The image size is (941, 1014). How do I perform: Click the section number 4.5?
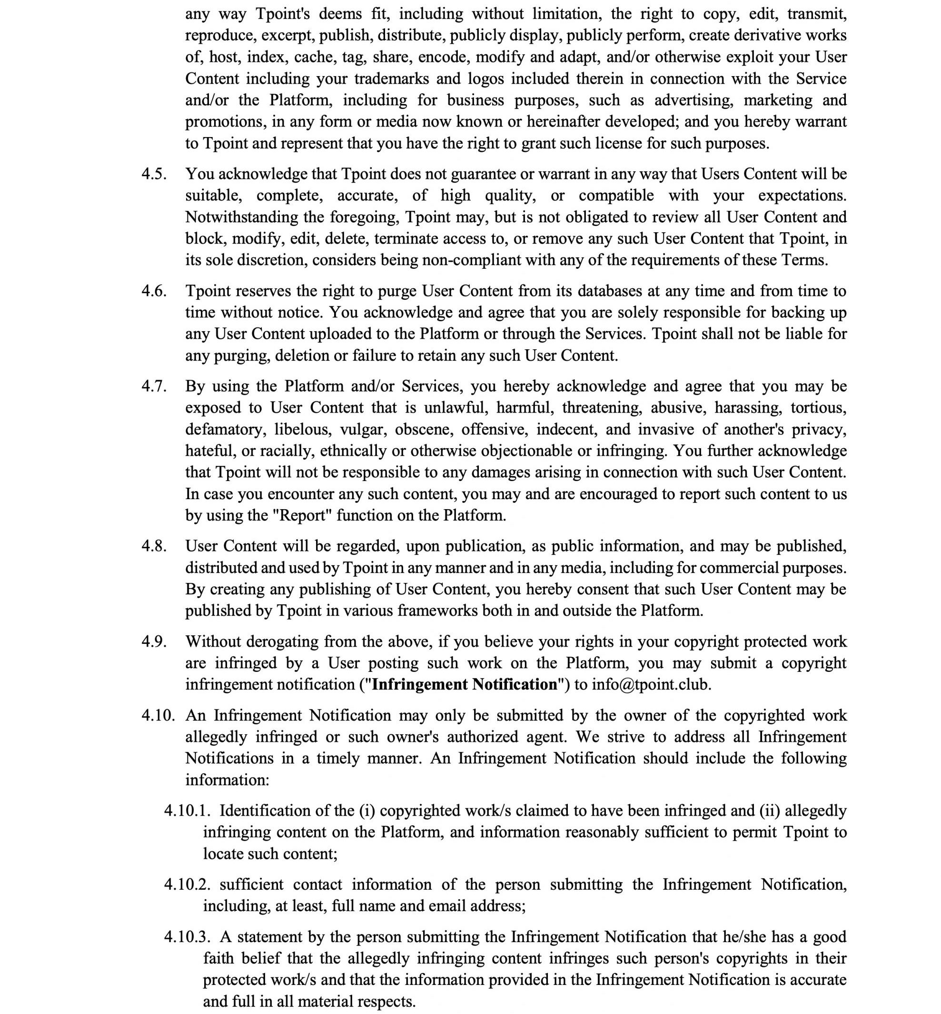[x=154, y=174]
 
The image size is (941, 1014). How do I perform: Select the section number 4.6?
[x=154, y=291]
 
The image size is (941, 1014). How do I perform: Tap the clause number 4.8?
[x=154, y=546]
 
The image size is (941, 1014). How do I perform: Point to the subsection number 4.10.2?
[x=187, y=884]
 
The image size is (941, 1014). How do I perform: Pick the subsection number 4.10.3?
[x=187, y=936]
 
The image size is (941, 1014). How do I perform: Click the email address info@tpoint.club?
[x=650, y=685]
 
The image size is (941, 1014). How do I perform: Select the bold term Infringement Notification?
[x=465, y=685]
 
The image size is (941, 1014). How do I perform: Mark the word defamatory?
[x=225, y=430]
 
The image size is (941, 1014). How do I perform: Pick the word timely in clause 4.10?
[x=337, y=758]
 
